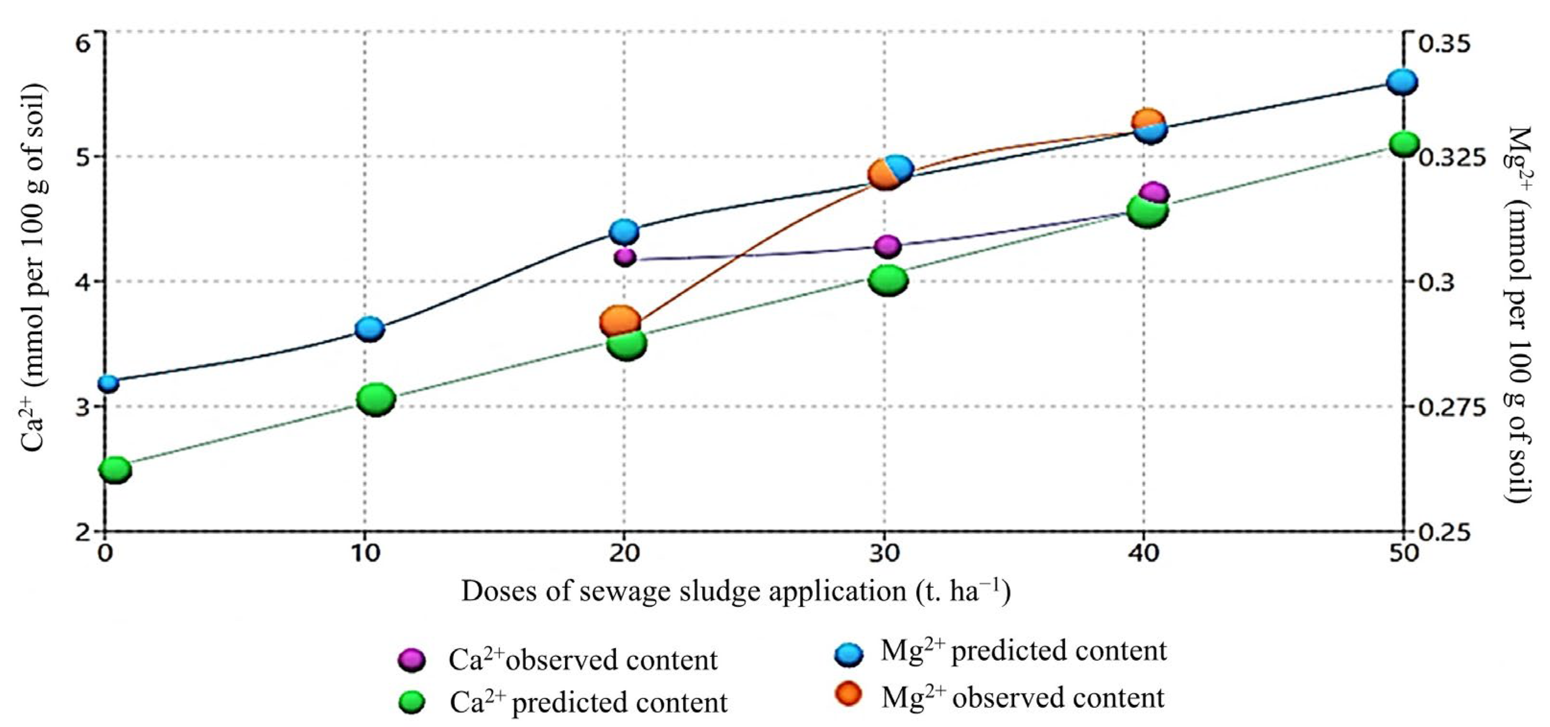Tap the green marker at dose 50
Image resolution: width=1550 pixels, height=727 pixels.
point(1406,144)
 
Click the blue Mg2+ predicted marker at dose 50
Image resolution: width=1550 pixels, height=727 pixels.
point(1403,81)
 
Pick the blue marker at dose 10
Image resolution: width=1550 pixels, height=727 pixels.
point(370,329)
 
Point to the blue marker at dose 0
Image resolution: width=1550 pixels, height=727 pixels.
point(109,383)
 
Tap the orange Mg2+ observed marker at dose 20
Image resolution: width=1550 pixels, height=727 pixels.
point(620,321)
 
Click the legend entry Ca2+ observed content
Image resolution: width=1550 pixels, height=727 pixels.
point(583,660)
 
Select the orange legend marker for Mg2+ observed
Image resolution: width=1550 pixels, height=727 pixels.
point(848,695)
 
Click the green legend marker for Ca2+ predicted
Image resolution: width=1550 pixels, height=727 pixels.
point(412,702)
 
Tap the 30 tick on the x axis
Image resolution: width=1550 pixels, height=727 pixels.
point(884,552)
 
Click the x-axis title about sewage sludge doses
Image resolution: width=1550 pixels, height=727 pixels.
point(735,592)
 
